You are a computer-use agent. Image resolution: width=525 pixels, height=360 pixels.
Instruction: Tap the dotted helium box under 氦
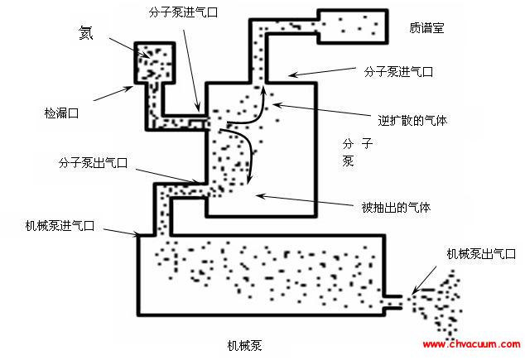click(x=153, y=60)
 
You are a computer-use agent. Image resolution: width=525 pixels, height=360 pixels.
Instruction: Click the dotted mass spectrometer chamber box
click(x=352, y=28)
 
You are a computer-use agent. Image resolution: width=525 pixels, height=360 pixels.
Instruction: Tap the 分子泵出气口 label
click(x=93, y=163)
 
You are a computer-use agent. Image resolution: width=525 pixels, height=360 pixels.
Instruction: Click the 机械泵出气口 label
click(x=479, y=255)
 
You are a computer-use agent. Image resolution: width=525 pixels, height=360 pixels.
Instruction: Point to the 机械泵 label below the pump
click(x=250, y=343)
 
